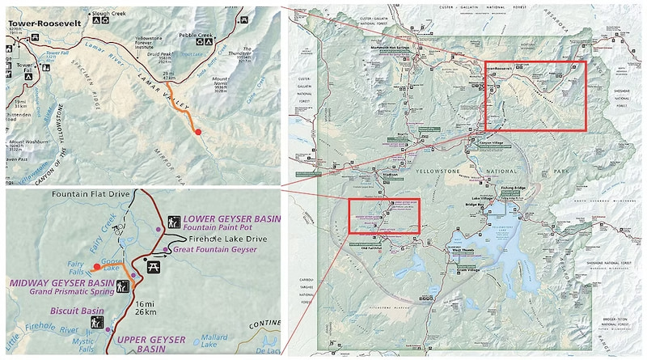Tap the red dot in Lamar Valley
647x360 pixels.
tap(198, 132)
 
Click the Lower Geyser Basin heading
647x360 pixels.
tap(233, 219)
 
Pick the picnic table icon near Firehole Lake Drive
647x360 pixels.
tap(150, 266)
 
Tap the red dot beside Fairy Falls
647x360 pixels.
tap(96, 265)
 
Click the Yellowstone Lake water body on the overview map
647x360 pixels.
tap(518, 243)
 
